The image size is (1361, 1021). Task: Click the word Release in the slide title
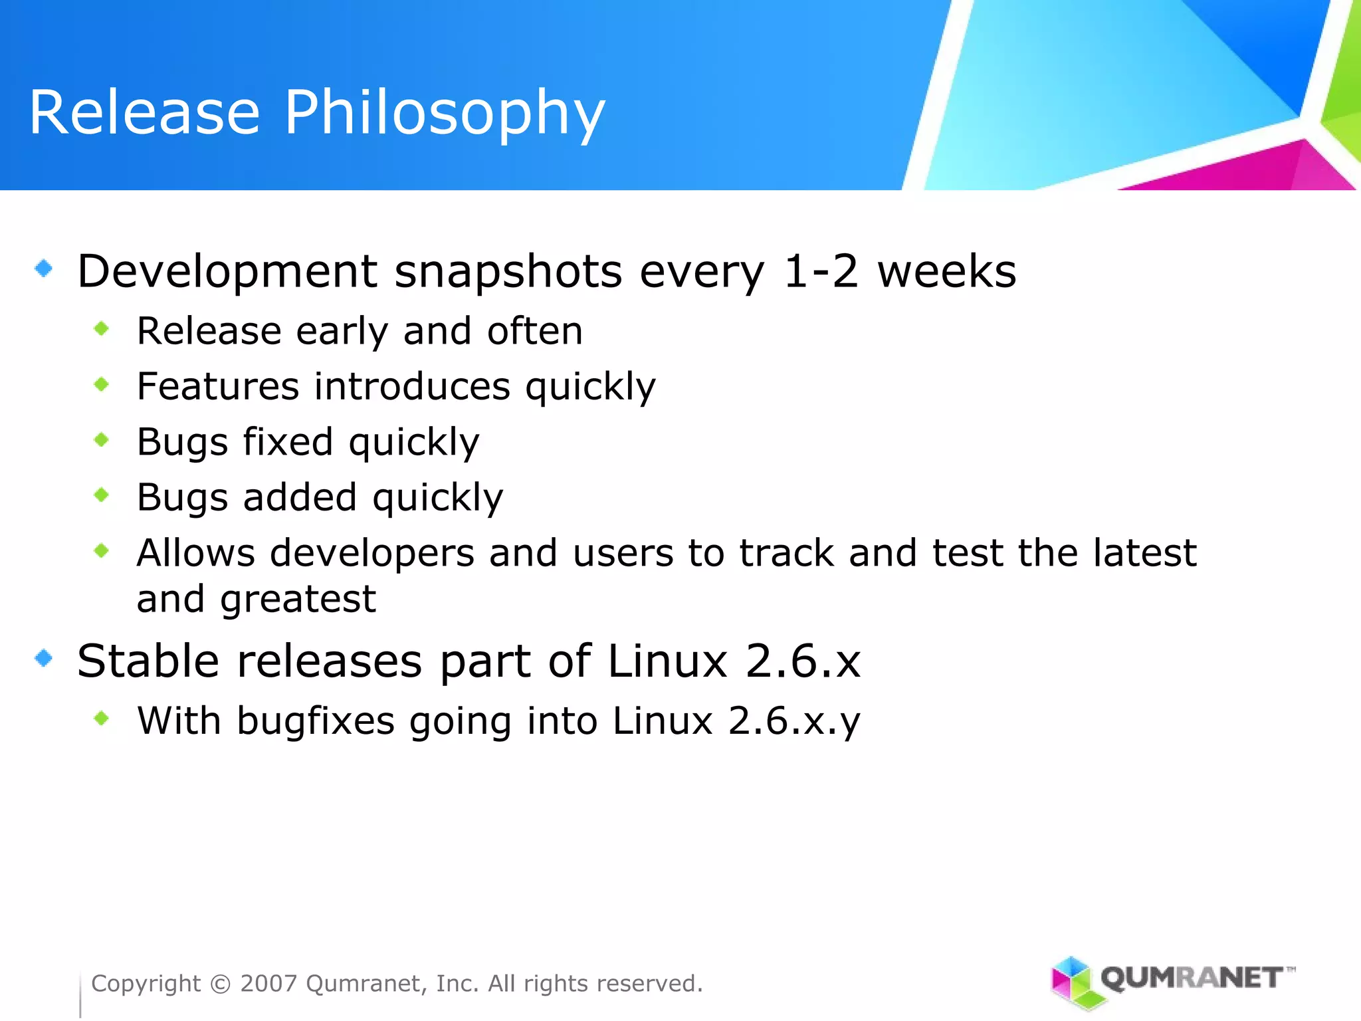(x=144, y=113)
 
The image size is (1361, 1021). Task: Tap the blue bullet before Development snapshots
(x=44, y=269)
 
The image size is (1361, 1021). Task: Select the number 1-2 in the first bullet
(x=821, y=271)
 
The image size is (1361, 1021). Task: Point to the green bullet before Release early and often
(x=102, y=328)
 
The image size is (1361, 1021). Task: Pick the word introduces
(x=412, y=386)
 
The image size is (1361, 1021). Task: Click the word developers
(x=372, y=554)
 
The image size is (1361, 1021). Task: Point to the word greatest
(x=298, y=600)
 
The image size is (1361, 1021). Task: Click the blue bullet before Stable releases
(x=44, y=658)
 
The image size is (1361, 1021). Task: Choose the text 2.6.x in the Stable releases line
(x=802, y=661)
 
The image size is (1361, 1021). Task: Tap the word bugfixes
(x=316, y=722)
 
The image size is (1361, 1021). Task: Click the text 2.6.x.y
(x=793, y=722)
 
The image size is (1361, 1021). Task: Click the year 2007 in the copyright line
(x=268, y=983)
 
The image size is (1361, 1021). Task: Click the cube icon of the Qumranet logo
(x=1071, y=981)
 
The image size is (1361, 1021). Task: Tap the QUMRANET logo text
(x=1192, y=978)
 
